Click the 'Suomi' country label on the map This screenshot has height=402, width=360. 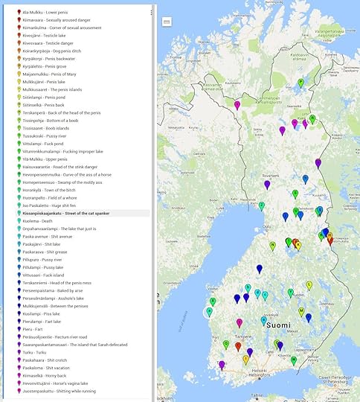279,325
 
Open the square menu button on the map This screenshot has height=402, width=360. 167,23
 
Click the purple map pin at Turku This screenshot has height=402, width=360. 222,364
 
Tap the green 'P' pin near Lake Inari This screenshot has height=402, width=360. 300,83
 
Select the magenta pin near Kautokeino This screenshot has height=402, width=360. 237,105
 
